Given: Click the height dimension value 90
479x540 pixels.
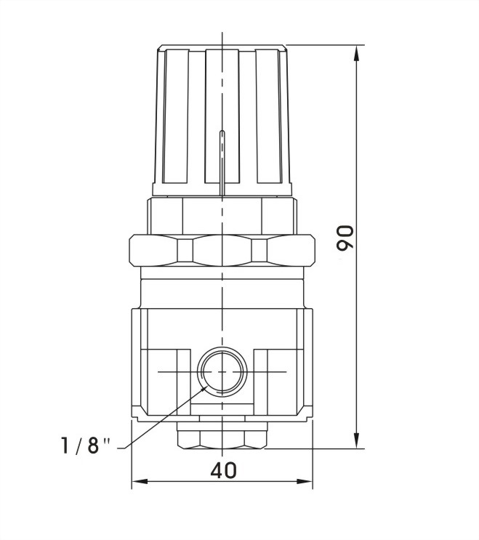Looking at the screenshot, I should click(x=346, y=238).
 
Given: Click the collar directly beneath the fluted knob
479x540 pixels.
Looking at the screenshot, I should click(x=222, y=214).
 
